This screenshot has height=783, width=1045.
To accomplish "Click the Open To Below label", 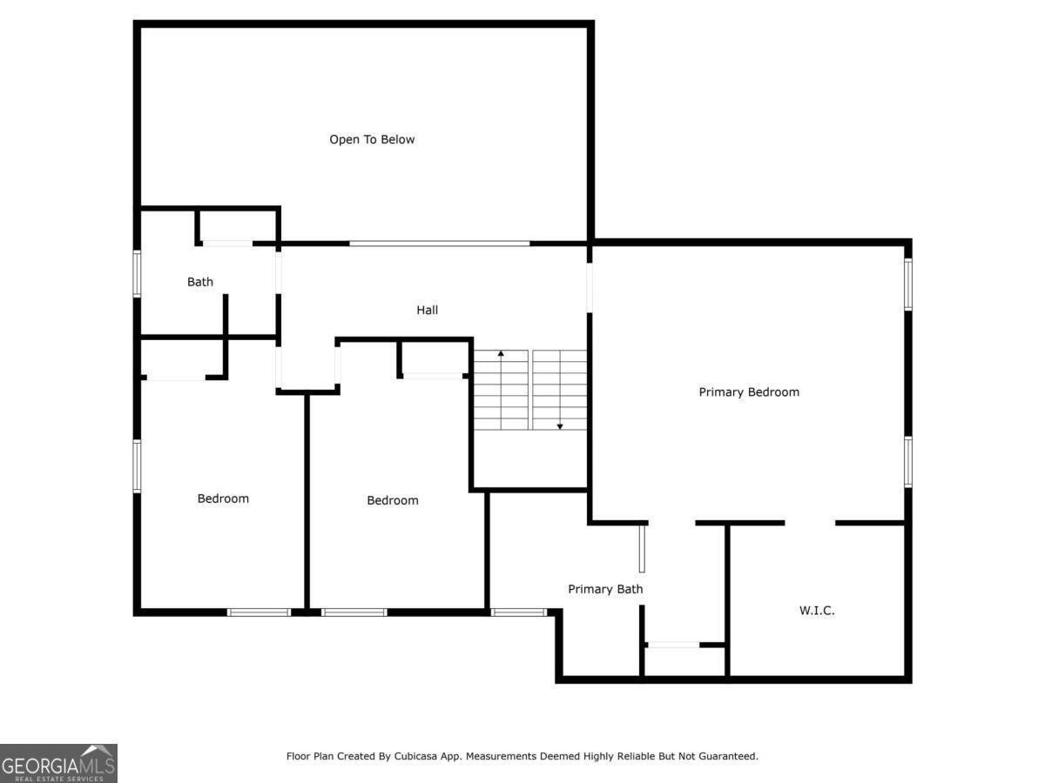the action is click(372, 139).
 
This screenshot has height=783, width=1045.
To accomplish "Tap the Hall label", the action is click(427, 310).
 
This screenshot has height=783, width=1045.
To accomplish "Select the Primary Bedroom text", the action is click(748, 392).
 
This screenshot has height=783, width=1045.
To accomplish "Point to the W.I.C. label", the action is click(817, 611).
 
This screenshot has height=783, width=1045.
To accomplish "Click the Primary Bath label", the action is click(605, 589).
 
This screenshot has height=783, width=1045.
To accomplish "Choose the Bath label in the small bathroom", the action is click(200, 282).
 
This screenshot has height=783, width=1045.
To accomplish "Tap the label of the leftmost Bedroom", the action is click(223, 499).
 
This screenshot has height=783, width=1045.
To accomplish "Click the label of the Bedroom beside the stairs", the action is click(392, 500).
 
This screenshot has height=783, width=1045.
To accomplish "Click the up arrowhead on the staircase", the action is click(501, 353).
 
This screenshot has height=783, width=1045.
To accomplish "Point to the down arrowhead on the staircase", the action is click(560, 426).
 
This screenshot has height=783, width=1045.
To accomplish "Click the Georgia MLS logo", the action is click(58, 764).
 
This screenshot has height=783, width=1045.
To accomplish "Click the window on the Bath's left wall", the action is click(137, 274).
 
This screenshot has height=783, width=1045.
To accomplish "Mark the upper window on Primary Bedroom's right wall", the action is click(908, 284).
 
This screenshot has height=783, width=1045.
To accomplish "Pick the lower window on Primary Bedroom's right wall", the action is click(908, 462).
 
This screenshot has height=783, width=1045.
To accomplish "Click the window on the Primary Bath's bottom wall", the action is click(519, 612).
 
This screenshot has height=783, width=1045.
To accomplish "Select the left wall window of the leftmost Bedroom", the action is click(137, 466).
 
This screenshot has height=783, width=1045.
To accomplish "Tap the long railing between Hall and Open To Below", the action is click(440, 244).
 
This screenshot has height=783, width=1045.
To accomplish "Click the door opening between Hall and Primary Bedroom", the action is click(590, 288).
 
